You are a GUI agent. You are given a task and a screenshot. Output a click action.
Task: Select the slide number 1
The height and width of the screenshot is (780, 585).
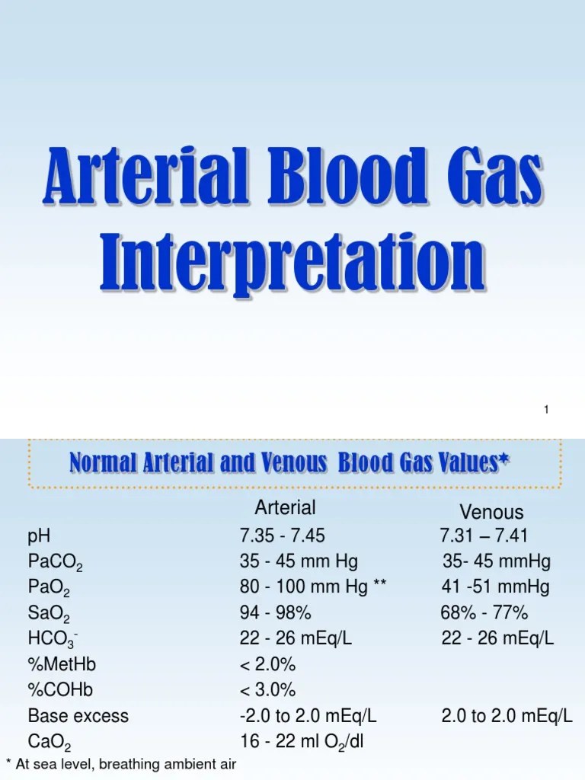[x=546, y=411]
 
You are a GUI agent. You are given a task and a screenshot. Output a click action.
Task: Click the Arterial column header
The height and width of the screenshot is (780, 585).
[x=285, y=508]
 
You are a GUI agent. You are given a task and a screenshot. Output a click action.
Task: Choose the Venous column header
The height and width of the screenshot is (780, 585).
[x=491, y=512]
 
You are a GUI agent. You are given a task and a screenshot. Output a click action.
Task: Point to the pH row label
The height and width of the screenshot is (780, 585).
[x=39, y=536]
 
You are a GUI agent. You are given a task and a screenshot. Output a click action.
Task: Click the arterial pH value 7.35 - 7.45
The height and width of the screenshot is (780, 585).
[x=282, y=536]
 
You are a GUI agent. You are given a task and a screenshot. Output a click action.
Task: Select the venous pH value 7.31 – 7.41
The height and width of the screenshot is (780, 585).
[x=484, y=536]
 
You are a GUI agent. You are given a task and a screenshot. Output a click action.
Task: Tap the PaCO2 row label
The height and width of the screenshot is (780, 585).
[x=55, y=563]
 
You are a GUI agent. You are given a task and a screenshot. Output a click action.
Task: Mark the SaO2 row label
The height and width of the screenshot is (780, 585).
[x=50, y=614]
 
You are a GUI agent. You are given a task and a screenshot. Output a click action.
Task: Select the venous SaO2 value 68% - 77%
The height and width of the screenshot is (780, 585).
[x=484, y=613]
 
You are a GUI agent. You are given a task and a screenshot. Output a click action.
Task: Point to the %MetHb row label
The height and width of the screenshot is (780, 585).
[x=62, y=664]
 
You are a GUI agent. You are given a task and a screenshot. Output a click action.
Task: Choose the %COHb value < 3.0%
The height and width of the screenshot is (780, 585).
[x=267, y=690]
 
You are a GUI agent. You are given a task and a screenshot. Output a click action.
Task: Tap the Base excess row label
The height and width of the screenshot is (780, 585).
[x=78, y=716]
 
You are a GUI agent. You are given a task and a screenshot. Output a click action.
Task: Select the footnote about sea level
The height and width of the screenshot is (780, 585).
[x=121, y=765]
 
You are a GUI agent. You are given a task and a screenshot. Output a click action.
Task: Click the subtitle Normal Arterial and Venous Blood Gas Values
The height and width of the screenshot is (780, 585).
[x=289, y=462]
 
